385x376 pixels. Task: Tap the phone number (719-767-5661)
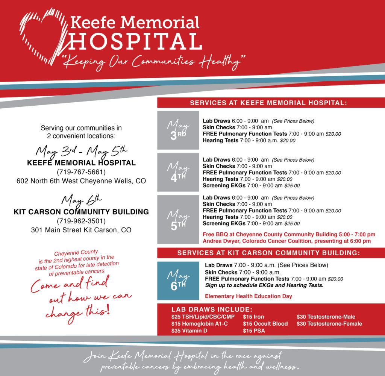(x=81, y=172)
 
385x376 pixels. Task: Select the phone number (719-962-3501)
(x=81, y=221)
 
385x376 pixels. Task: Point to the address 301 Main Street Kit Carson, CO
(x=81, y=230)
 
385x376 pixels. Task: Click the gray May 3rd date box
(x=178, y=130)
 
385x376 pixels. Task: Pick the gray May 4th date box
(x=178, y=172)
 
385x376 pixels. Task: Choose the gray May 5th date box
(x=178, y=219)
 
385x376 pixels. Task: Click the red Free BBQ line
(x=289, y=234)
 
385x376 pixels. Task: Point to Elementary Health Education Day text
(x=248, y=296)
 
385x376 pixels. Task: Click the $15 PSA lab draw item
(x=254, y=331)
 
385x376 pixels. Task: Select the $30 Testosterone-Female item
(x=329, y=324)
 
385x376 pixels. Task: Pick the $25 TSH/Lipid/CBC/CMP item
(x=203, y=317)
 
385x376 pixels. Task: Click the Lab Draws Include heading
(x=212, y=309)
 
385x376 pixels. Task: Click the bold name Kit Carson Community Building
(x=81, y=212)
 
